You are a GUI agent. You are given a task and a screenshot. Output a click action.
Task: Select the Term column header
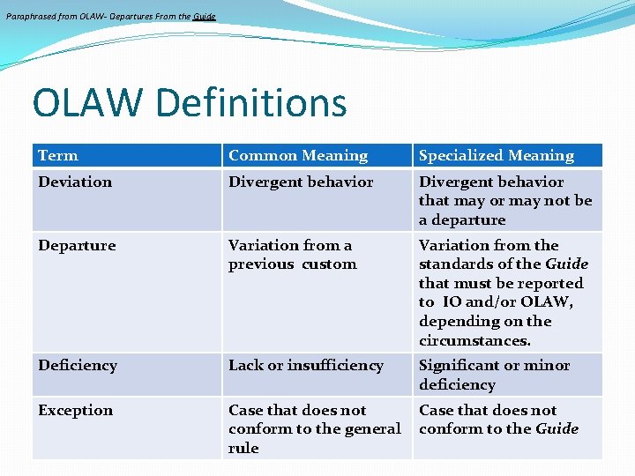(x=58, y=156)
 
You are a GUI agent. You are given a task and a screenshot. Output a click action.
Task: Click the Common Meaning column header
(x=298, y=156)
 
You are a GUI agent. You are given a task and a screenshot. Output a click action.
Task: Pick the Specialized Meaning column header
(x=496, y=156)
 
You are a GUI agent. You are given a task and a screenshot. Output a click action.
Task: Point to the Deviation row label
(x=75, y=182)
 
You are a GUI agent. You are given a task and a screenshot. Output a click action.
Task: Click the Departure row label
(x=77, y=246)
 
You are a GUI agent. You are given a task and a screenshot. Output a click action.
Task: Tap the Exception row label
(x=75, y=411)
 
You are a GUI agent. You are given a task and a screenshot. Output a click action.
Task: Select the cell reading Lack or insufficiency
(x=305, y=366)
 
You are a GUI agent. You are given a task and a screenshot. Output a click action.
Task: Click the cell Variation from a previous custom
(x=292, y=255)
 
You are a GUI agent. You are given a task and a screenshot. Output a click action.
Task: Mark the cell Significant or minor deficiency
(x=494, y=375)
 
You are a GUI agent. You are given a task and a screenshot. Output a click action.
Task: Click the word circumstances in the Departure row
(x=474, y=340)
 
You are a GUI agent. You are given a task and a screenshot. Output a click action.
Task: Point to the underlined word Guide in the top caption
(x=205, y=16)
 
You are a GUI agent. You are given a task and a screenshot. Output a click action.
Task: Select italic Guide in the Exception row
(x=557, y=429)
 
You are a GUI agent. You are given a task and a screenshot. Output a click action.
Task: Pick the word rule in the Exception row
(x=243, y=448)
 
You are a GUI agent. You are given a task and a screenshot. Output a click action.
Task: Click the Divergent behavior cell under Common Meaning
(x=301, y=182)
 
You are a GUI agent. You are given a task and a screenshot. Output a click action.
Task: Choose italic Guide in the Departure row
(x=566, y=264)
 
